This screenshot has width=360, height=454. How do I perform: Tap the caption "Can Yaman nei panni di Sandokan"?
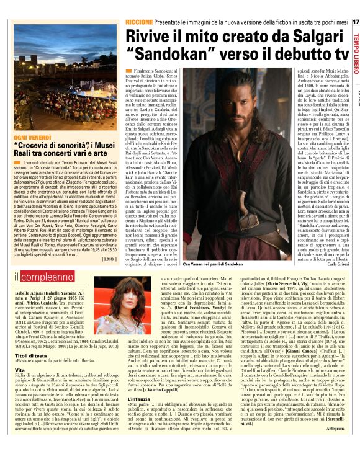(209, 264)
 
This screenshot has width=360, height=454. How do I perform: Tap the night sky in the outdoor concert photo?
(62, 34)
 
